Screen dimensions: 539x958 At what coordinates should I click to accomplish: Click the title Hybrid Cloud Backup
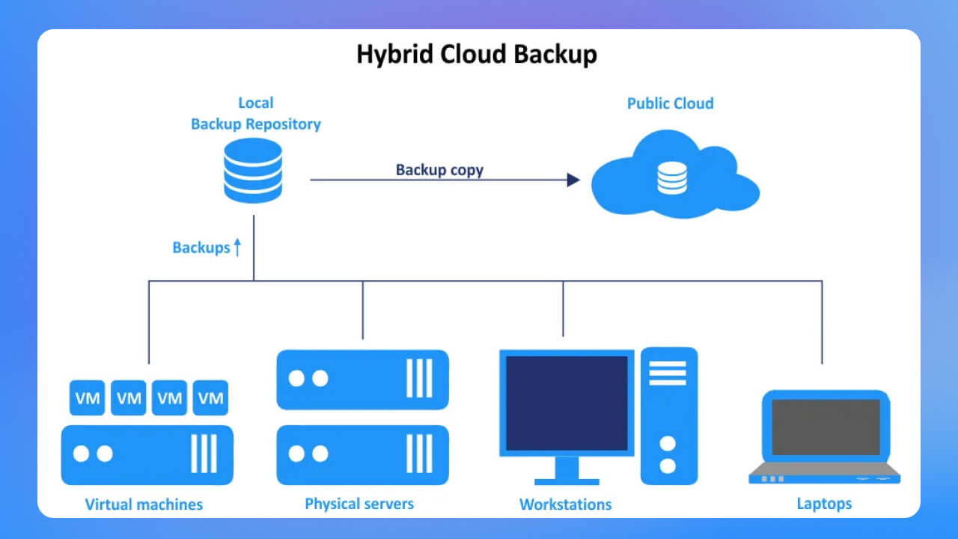click(477, 55)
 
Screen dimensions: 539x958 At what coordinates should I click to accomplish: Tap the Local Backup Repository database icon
click(253, 170)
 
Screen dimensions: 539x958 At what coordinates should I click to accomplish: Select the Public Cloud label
click(670, 103)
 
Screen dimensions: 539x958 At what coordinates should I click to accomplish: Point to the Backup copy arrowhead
click(573, 180)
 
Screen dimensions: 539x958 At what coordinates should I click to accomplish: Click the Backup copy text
click(439, 169)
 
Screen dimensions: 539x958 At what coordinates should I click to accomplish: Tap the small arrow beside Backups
click(237, 247)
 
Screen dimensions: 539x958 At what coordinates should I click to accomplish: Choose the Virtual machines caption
click(144, 504)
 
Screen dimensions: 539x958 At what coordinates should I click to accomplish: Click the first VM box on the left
click(88, 398)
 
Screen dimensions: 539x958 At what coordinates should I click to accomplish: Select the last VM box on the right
click(210, 398)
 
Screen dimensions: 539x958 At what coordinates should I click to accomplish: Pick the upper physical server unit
click(362, 380)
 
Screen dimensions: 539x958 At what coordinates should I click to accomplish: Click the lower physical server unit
click(362, 455)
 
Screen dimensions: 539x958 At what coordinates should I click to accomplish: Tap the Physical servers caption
click(359, 503)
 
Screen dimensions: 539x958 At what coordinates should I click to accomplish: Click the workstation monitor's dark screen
click(567, 403)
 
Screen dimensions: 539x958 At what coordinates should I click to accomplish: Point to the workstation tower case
click(668, 415)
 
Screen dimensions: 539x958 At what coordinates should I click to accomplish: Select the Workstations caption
click(565, 504)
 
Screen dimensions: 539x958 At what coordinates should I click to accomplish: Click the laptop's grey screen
click(826, 427)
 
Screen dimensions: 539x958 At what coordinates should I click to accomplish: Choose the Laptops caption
click(824, 503)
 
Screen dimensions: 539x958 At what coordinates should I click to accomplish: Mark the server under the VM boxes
click(147, 455)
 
